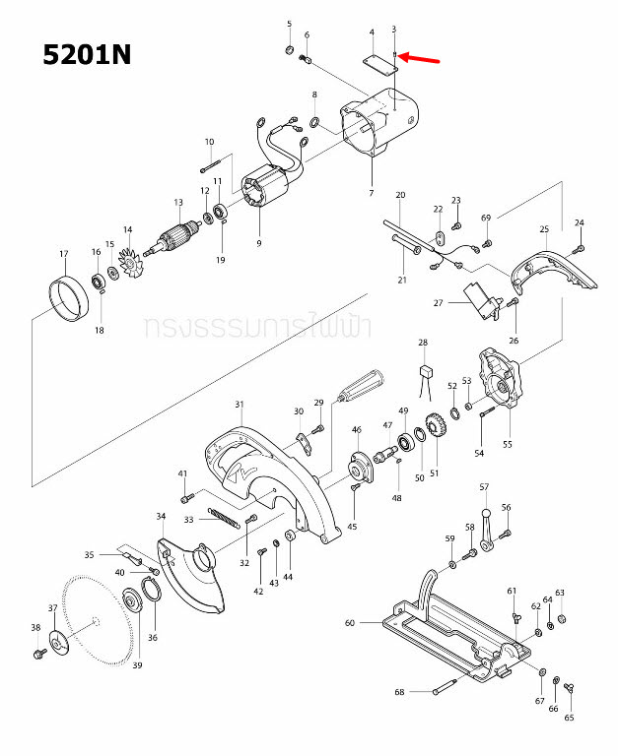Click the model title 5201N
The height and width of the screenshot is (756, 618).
point(87,54)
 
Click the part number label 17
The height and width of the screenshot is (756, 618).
point(64,254)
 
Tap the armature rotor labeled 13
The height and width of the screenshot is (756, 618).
point(179,236)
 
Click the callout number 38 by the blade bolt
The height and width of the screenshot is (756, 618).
point(35,628)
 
